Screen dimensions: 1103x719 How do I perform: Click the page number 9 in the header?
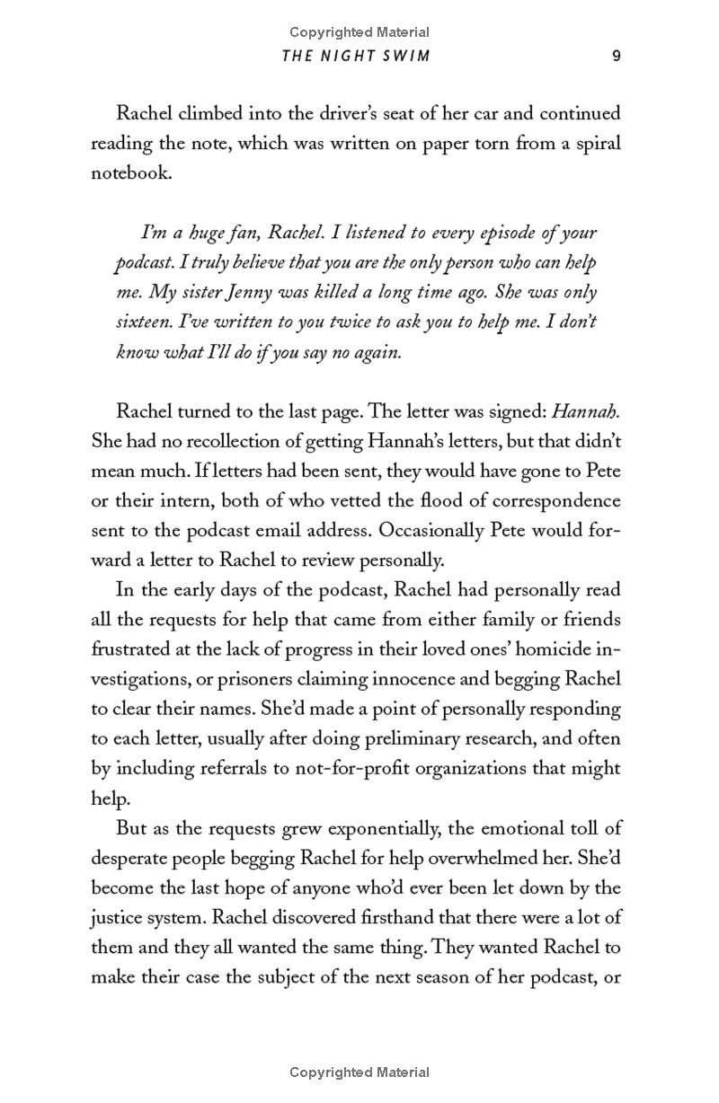[x=617, y=56]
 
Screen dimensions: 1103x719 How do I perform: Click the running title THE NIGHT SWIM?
[x=356, y=56]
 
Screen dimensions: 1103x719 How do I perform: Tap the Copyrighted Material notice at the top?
[x=359, y=32]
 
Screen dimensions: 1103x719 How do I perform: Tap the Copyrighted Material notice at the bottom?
[x=359, y=1072]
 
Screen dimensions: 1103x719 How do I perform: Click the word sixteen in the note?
[x=141, y=322]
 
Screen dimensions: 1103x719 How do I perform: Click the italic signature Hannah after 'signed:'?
[x=584, y=411]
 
